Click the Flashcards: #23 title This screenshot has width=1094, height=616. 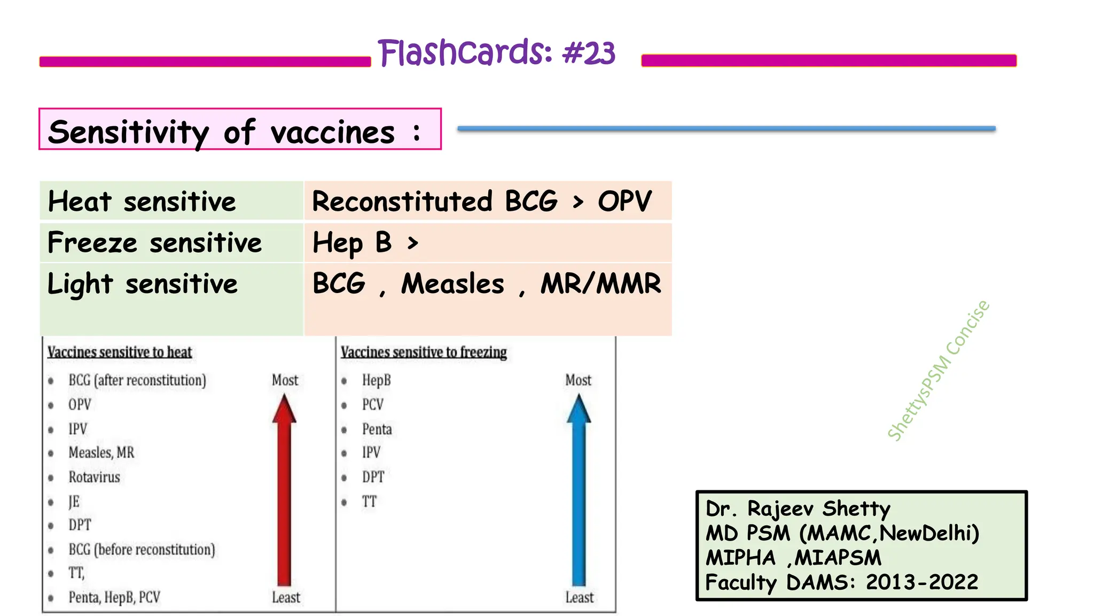pos(496,53)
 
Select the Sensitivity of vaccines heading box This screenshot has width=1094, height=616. pos(240,129)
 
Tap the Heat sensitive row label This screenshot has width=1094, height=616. pos(142,202)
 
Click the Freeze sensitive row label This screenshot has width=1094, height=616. pos(154,242)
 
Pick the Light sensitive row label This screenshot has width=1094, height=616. pos(142,283)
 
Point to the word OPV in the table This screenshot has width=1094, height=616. pos(624,202)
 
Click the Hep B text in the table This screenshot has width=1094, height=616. pos(353,242)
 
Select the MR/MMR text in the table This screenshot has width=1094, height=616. pos(600,283)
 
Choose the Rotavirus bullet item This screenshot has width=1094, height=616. pos(94,477)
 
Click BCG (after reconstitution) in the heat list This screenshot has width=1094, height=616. pos(137,380)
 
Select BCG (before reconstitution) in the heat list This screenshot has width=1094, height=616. pos(142,549)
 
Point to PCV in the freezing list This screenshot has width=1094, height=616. pos(373,405)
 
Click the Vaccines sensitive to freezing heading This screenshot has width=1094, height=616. pos(424,352)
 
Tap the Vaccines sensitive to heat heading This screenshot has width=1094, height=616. pos(120,352)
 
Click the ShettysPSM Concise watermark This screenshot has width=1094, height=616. pos(938,371)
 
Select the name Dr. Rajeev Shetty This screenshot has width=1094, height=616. pos(798,509)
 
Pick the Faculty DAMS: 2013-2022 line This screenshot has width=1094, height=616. pos(841,582)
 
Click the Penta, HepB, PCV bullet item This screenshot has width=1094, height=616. pos(114,597)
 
